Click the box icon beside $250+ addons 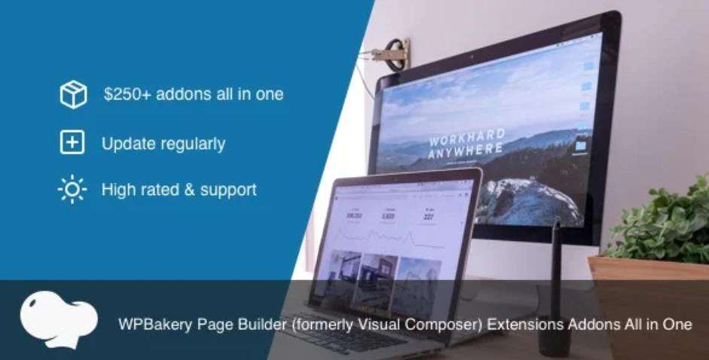pyautogui.click(x=73, y=95)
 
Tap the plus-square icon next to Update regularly pyautogui.click(x=72, y=142)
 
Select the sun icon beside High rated pyautogui.click(x=72, y=189)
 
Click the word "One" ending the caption pyautogui.click(x=677, y=325)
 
